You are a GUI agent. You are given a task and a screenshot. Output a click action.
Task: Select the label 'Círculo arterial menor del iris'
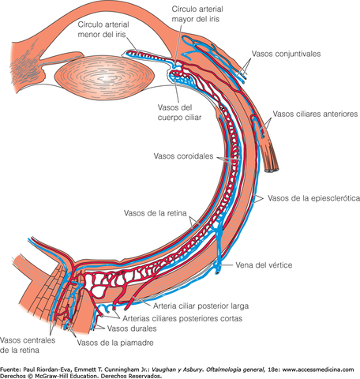pyautogui.click(x=111, y=30)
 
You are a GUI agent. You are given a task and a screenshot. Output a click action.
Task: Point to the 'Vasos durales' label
pyautogui.click(x=133, y=328)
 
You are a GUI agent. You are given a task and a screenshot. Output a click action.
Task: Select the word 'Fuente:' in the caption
pyautogui.click(x=13, y=368)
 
